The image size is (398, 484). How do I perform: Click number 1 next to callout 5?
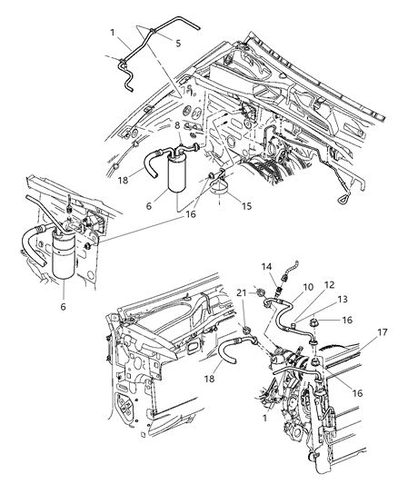click(x=114, y=32)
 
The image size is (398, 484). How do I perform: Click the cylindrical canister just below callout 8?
click(x=179, y=173)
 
